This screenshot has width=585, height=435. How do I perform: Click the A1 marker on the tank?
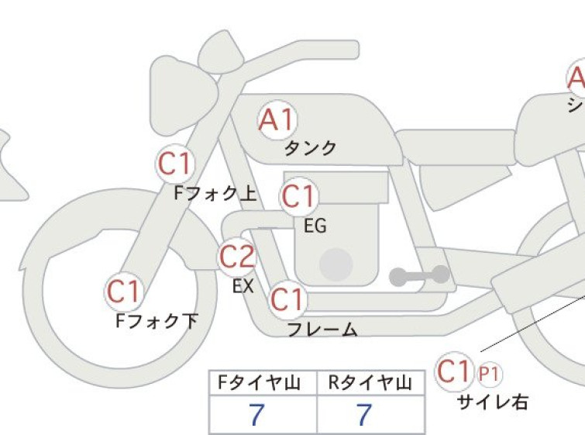click(277, 120)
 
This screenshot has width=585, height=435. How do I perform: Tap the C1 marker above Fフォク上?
click(175, 164)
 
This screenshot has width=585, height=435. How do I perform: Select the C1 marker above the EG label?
click(298, 196)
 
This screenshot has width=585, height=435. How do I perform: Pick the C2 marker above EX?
click(237, 257)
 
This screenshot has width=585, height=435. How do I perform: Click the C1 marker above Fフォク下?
click(123, 292)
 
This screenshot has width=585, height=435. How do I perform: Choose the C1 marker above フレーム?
click(287, 299)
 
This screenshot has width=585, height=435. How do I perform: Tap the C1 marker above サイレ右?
click(454, 371)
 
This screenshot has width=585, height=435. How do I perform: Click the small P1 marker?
click(488, 375)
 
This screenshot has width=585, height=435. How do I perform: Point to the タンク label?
click(311, 148)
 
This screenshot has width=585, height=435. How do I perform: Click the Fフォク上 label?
click(215, 193)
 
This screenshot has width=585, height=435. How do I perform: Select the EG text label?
click(315, 226)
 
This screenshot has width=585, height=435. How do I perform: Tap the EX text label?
click(243, 286)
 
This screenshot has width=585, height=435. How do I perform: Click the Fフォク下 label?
click(157, 321)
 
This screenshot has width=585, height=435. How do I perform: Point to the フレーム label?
click(323, 330)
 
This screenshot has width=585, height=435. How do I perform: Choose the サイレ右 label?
click(493, 402)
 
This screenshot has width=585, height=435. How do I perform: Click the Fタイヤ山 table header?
click(260, 383)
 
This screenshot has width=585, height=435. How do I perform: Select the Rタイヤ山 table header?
click(370, 383)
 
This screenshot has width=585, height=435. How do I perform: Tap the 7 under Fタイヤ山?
click(256, 415)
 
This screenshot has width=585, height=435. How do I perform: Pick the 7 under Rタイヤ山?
click(364, 415)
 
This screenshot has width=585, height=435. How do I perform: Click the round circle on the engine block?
click(336, 264)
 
